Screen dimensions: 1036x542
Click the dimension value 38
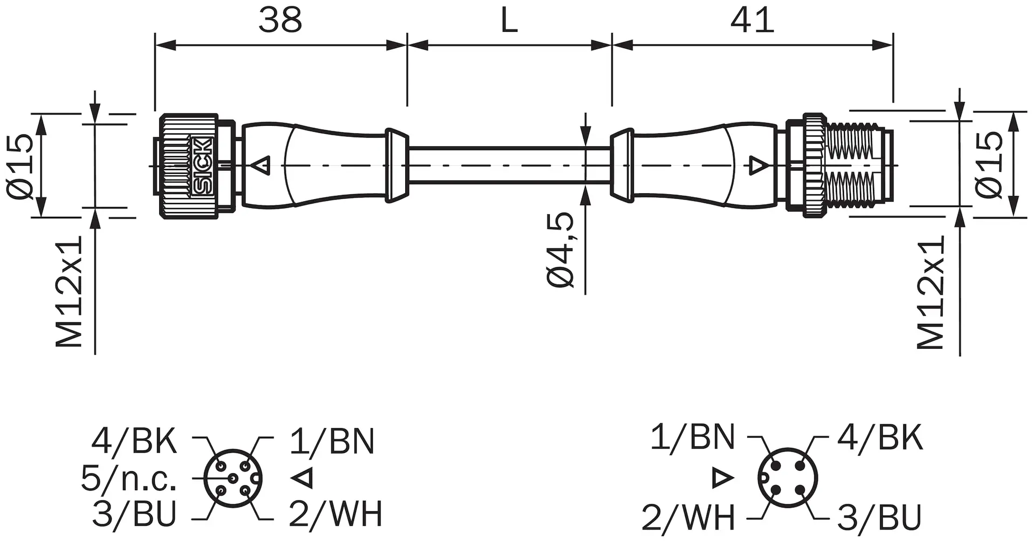[x=280, y=20]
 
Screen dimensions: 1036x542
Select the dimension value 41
[x=752, y=20]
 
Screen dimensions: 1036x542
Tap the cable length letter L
[x=509, y=20]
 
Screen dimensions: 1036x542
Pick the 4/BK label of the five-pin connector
[x=134, y=441]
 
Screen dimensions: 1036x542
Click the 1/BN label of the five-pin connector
[x=332, y=441]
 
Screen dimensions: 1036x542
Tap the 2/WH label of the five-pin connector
[x=336, y=513]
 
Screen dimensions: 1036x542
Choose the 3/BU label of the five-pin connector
[x=134, y=513]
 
